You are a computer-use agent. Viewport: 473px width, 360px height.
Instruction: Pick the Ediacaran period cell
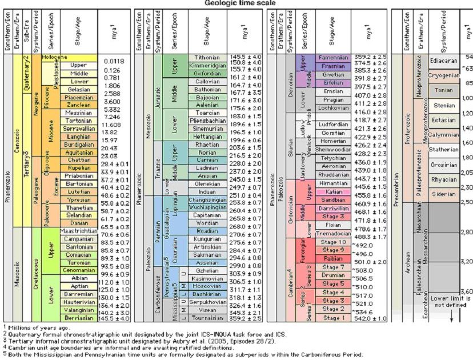coord(444,61)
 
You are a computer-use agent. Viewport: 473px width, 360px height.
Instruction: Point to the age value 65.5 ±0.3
coord(114,227)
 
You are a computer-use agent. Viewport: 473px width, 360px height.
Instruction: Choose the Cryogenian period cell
coord(444,75)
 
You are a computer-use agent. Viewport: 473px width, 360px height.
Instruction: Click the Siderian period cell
coord(444,194)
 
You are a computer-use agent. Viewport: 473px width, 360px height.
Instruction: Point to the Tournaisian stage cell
coord(207,318)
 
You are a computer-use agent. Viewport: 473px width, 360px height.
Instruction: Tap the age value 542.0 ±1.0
coord(371,318)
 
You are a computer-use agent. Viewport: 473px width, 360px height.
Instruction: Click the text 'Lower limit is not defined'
coord(451,302)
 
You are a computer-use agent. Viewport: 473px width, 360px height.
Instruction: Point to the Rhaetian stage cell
coord(207,146)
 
